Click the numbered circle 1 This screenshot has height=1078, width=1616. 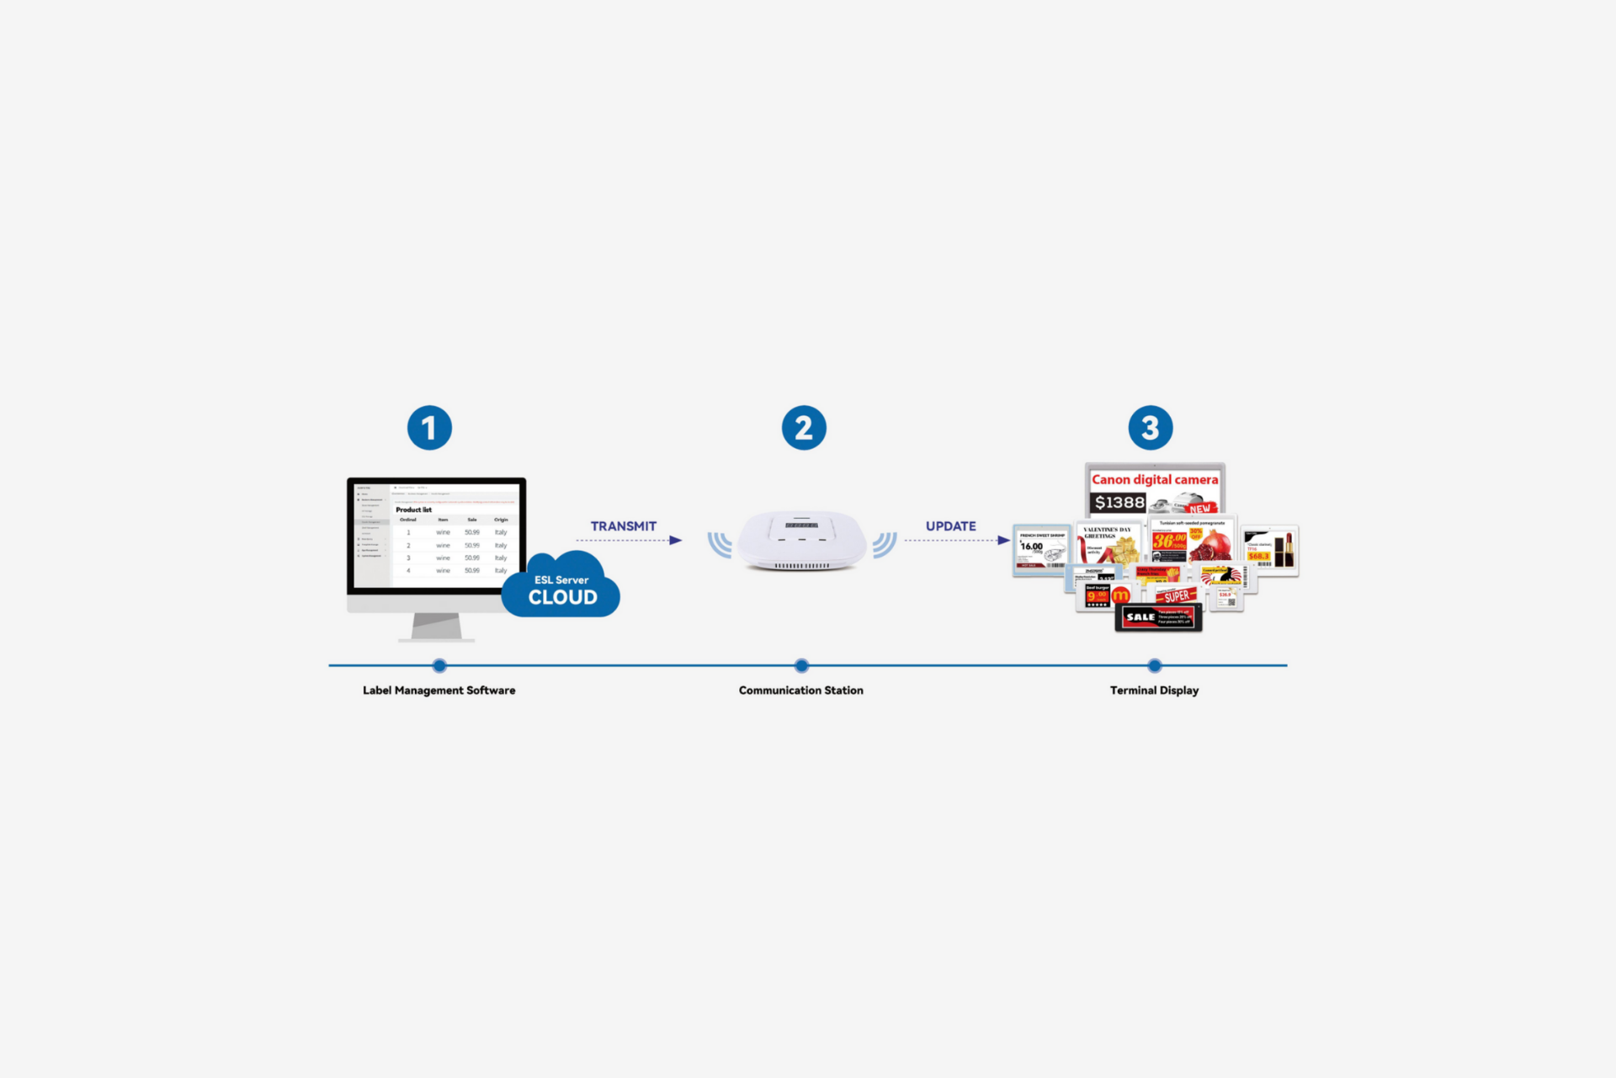(429, 428)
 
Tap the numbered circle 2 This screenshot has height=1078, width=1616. (804, 428)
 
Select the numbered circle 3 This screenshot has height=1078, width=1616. (1151, 428)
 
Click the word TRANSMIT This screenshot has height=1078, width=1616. (623, 526)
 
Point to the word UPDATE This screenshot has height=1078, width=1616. (950, 526)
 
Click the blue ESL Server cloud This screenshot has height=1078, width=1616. (561, 588)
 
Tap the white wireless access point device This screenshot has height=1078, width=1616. (802, 540)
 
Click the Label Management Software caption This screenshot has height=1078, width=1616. (439, 691)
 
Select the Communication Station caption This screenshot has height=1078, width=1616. (800, 691)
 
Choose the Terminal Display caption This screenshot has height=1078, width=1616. (1154, 691)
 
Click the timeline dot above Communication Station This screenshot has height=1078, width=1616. (801, 665)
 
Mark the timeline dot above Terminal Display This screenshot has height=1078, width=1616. (1155, 665)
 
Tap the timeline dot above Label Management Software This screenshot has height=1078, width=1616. (439, 665)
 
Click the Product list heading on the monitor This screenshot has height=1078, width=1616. (413, 510)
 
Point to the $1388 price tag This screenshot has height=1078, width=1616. (1119, 503)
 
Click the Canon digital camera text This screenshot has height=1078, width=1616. (1154, 479)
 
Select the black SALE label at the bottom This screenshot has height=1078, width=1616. (1158, 617)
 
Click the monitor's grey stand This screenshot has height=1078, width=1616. (436, 627)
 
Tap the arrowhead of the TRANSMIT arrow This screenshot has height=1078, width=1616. (676, 541)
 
